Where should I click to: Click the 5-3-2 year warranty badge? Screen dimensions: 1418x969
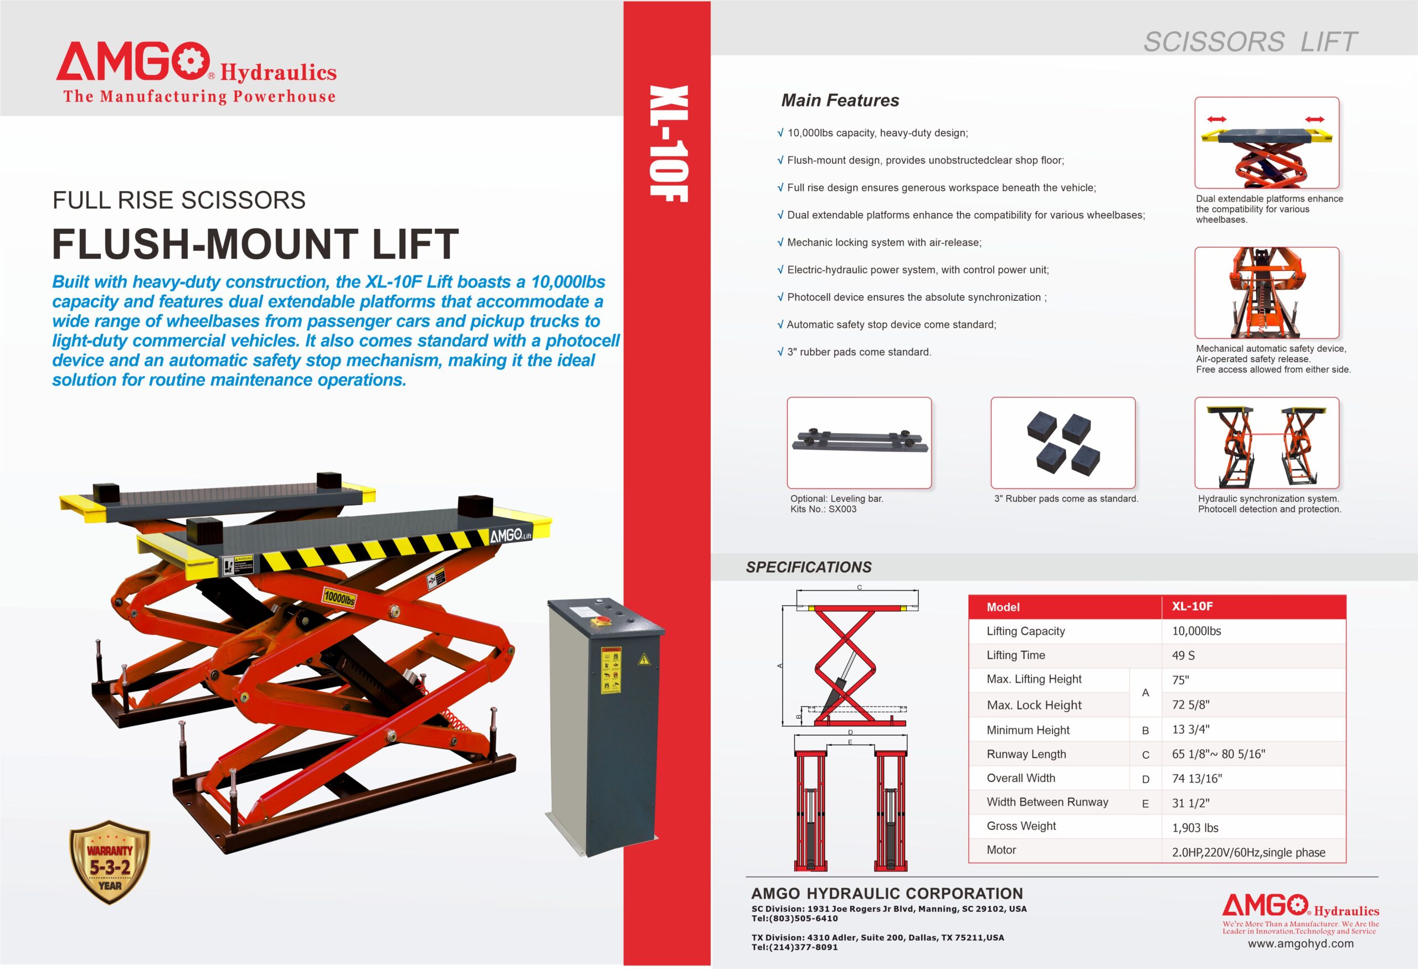(x=110, y=862)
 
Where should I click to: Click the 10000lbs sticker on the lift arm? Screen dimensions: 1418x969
(x=338, y=597)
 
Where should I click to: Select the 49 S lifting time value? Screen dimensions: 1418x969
(x=1183, y=655)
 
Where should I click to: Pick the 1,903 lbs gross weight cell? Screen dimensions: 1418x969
(x=1195, y=827)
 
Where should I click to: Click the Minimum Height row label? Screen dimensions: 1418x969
(x=1028, y=730)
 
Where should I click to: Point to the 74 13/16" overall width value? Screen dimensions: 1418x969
(x=1196, y=778)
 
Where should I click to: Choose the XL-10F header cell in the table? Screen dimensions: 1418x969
(x=1192, y=606)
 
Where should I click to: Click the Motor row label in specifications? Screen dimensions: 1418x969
(x=1001, y=849)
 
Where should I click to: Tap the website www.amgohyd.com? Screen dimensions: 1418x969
(x=1300, y=944)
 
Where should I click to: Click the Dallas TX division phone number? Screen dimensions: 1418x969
(x=794, y=947)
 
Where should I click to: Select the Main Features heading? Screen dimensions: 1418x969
(x=840, y=100)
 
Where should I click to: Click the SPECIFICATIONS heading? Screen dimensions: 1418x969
(x=809, y=567)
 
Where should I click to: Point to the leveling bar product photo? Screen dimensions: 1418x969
(x=859, y=443)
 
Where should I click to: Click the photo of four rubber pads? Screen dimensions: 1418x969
(x=1063, y=443)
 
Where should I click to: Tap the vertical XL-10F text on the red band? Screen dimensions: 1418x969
(x=668, y=143)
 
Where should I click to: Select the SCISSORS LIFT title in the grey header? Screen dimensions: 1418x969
(x=1250, y=42)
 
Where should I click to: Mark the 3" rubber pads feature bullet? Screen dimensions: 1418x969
(x=854, y=352)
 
